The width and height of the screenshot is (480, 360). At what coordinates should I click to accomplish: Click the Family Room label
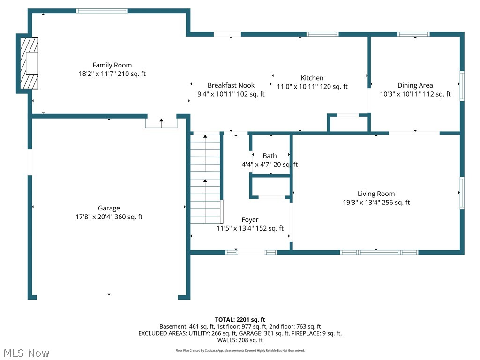click(x=112, y=65)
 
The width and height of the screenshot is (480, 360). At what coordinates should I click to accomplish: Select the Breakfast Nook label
click(x=231, y=85)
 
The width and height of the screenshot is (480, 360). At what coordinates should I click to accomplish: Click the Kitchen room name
click(x=312, y=78)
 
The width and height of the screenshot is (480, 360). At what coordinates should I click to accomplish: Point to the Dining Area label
click(x=415, y=85)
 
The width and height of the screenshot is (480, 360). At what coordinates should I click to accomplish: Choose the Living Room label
click(x=376, y=194)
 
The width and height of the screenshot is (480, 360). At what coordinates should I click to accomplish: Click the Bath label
click(x=270, y=156)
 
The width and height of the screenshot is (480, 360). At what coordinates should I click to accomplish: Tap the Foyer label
click(x=250, y=219)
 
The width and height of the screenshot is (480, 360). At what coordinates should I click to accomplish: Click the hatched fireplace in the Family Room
click(x=29, y=63)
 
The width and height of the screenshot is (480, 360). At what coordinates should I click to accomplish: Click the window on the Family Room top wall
click(x=102, y=10)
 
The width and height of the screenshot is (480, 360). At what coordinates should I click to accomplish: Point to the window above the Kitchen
click(x=322, y=34)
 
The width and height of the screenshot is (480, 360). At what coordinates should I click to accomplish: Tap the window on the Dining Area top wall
click(x=413, y=34)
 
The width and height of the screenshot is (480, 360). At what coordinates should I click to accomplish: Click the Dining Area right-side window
click(x=462, y=86)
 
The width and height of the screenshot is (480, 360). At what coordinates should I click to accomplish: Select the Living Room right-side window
click(x=462, y=193)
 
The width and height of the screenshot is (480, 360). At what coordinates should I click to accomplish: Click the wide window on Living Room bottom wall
click(x=379, y=252)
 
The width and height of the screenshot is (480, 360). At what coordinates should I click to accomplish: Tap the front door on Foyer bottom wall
click(x=251, y=252)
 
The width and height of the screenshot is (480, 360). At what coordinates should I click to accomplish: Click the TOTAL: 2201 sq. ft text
click(x=240, y=320)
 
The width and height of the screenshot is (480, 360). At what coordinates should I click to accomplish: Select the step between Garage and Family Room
click(x=161, y=122)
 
